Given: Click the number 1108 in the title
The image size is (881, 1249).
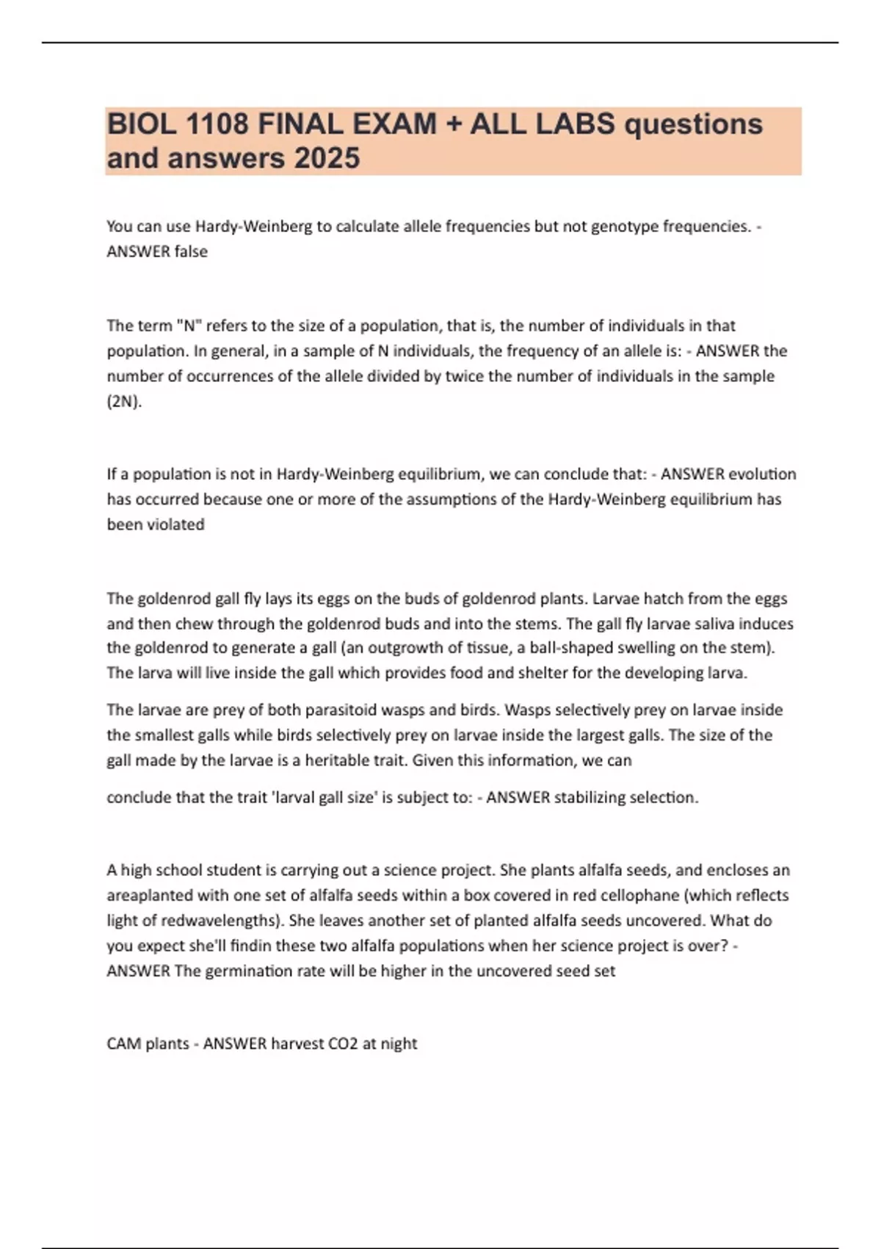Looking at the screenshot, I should click(217, 124).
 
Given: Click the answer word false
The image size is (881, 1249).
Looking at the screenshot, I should click(191, 251).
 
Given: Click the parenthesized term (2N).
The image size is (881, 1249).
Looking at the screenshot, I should click(124, 401).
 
